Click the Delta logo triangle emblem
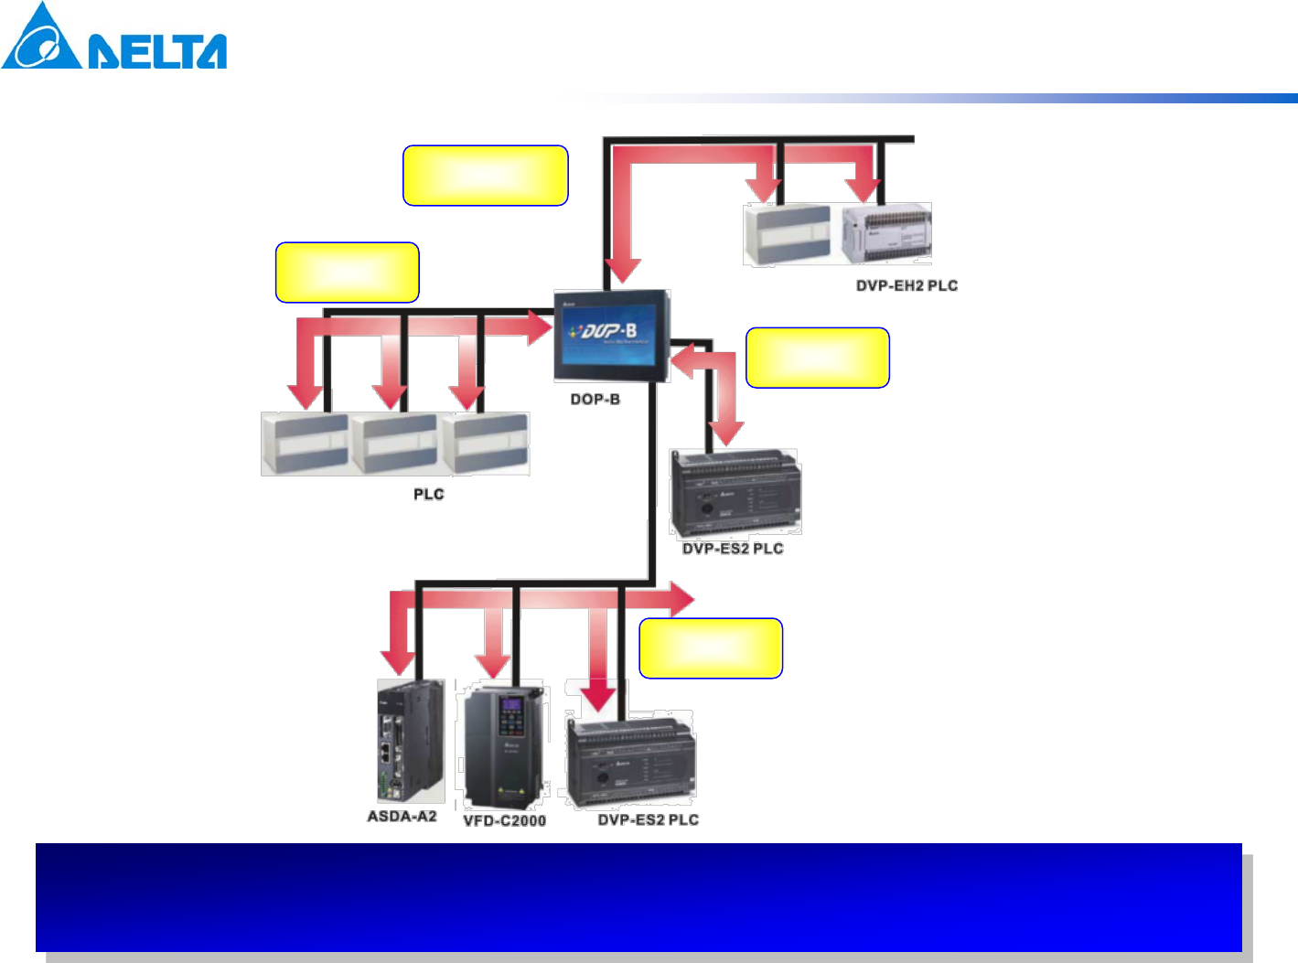(x=41, y=38)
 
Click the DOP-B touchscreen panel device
(x=612, y=336)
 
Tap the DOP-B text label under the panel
(x=595, y=400)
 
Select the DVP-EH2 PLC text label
(x=906, y=285)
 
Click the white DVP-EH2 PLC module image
(x=885, y=234)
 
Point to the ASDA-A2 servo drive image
(x=410, y=741)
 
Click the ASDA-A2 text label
(x=402, y=816)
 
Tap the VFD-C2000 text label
(x=504, y=820)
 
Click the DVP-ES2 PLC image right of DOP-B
(x=735, y=493)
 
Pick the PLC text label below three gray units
(x=428, y=494)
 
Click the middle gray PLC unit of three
(x=394, y=444)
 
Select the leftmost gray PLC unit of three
(x=305, y=444)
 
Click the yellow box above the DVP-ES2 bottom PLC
(x=710, y=648)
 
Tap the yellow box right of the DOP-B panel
(x=818, y=358)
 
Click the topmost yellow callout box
(x=485, y=175)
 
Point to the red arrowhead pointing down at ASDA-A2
(x=399, y=662)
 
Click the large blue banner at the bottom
(x=638, y=897)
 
